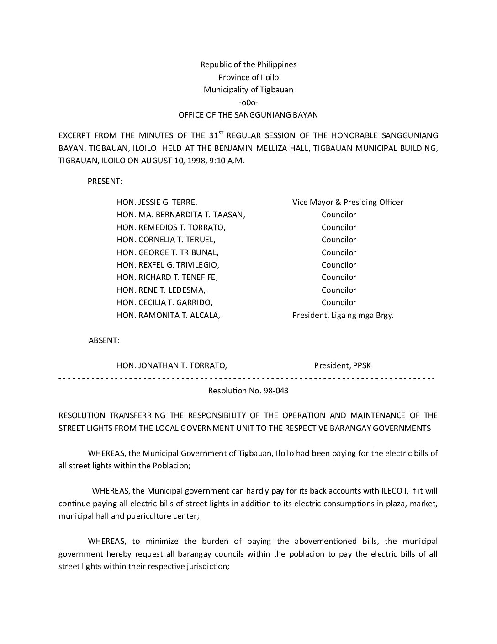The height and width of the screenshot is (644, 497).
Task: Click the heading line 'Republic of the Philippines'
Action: [248, 64]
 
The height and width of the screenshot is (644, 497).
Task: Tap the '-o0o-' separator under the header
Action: [248, 102]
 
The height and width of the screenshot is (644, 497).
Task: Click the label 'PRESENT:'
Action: [105, 181]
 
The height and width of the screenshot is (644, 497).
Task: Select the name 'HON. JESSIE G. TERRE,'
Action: [157, 202]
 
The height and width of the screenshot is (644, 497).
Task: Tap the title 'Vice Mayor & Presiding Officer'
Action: [348, 202]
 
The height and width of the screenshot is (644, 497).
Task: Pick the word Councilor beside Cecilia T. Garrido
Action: [338, 302]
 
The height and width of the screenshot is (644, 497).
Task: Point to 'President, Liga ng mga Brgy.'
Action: [343, 315]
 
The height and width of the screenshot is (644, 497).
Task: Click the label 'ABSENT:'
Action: [104, 340]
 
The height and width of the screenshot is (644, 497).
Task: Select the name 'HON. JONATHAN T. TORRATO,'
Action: [172, 365]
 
